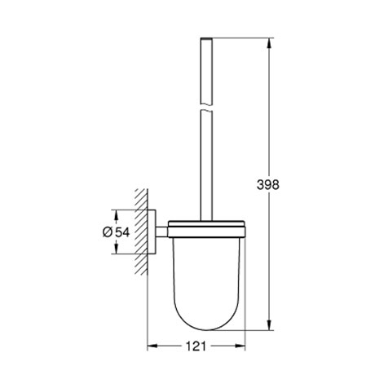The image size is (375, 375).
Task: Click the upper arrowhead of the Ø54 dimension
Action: click(117, 214)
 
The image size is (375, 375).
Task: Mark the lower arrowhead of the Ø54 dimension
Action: click(117, 251)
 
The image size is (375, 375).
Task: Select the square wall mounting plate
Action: click(153, 232)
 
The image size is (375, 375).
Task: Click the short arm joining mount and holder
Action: click(163, 232)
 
